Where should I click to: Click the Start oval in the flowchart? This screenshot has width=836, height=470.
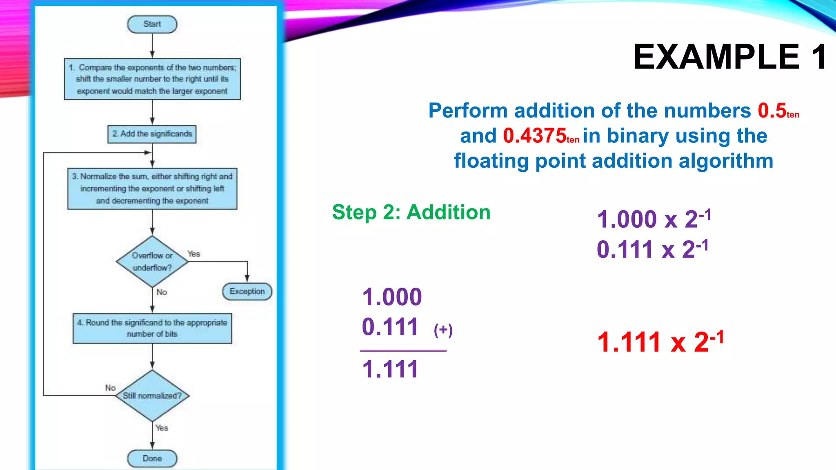point(152,24)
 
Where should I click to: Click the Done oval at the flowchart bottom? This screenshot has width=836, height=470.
point(152,459)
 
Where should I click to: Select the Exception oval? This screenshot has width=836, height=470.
point(247,292)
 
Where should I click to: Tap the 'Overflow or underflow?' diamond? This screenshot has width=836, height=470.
point(152,262)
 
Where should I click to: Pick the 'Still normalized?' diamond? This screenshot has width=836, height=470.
point(152,396)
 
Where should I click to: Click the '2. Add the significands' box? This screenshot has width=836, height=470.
point(152,134)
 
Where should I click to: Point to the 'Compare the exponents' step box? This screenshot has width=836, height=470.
point(152,79)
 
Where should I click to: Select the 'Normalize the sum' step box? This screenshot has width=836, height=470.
point(152,189)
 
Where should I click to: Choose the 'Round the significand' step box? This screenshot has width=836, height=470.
point(152,328)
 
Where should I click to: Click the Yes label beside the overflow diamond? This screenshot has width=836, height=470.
point(194,254)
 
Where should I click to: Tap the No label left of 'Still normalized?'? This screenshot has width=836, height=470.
point(110,388)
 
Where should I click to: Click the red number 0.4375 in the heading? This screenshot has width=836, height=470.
point(535,136)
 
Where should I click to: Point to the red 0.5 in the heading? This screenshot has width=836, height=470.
point(772,111)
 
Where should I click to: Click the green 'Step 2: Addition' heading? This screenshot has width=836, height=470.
point(411,213)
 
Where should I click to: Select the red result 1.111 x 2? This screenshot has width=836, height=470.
point(660,342)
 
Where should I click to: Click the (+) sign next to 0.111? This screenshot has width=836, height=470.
point(443,330)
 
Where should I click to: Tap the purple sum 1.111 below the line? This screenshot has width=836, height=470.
point(390,370)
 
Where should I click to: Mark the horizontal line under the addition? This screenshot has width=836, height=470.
point(403,350)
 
